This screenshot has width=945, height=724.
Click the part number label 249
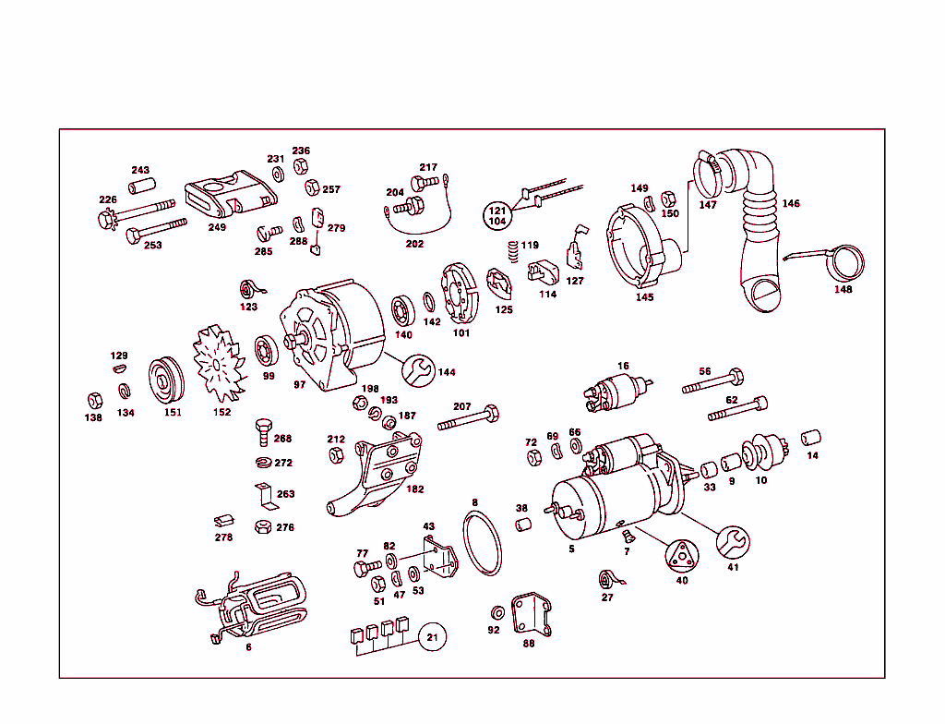coord(217,227)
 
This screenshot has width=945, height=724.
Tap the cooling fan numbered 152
coord(218,364)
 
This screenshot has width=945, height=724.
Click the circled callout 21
coord(432,636)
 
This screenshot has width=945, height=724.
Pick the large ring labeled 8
coord(481,546)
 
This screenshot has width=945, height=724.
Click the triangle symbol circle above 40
coord(682,555)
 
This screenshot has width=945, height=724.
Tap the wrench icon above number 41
coord(734,542)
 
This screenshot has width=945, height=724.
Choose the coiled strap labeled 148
coord(843,262)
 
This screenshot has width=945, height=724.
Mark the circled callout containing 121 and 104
coord(497,217)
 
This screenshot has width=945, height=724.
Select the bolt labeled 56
coord(712,382)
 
